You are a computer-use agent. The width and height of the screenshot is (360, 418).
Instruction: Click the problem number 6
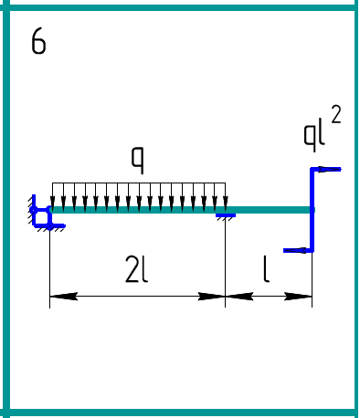[x=38, y=41]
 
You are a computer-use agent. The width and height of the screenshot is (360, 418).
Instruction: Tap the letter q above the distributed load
[x=137, y=160]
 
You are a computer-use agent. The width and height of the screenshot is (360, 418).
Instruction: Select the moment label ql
[x=314, y=135]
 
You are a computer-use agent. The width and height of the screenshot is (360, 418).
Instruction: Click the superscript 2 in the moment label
[x=335, y=114]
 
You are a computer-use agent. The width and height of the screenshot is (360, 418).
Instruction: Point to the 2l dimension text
[x=136, y=269]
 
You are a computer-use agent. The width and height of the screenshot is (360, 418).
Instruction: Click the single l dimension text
[x=266, y=269]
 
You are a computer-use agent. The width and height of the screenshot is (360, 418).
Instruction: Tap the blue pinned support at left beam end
[x=44, y=214]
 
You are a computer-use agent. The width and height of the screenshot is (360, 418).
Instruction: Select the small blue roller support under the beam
[x=226, y=216]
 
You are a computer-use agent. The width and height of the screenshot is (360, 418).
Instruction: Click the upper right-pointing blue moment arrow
[x=326, y=169]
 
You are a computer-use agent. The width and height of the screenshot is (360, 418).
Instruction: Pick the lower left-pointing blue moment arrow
[x=298, y=250]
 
